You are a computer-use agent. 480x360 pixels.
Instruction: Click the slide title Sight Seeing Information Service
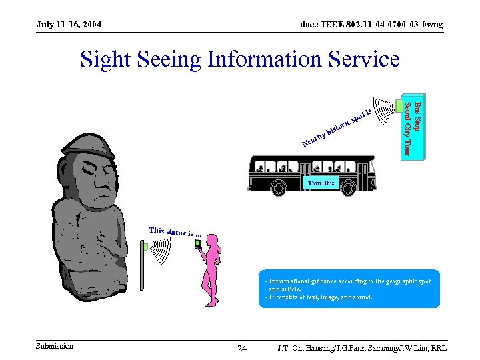tap(240, 60)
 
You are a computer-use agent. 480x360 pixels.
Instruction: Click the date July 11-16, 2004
tap(69, 25)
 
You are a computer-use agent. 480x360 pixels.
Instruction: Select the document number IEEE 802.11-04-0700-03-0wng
tap(371, 25)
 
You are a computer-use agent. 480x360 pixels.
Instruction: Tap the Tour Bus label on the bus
tap(321, 182)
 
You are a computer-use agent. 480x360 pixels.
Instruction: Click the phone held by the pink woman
tap(197, 244)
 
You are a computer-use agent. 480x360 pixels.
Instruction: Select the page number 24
tap(242, 349)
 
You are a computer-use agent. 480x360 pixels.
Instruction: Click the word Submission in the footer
tap(55, 345)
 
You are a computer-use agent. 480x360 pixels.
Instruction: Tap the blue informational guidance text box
tap(349, 289)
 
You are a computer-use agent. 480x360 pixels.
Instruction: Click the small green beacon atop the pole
tap(144, 247)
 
